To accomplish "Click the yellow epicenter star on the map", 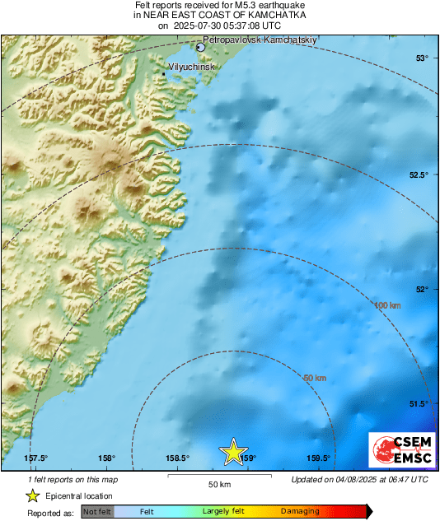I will click(x=233, y=451).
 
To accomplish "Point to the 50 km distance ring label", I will click(x=315, y=378).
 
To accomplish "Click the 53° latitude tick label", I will click(x=422, y=58).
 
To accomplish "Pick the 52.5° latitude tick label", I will click(x=419, y=174).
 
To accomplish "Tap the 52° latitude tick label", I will click(x=422, y=289).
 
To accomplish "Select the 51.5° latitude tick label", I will click(x=419, y=403).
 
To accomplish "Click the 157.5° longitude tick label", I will click(x=35, y=458).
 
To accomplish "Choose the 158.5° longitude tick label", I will click(x=179, y=458).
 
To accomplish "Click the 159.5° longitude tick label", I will click(x=319, y=458).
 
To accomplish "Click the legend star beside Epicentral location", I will click(x=33, y=495).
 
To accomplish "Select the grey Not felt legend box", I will click(x=97, y=512).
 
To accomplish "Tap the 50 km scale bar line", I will click(x=218, y=475).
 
